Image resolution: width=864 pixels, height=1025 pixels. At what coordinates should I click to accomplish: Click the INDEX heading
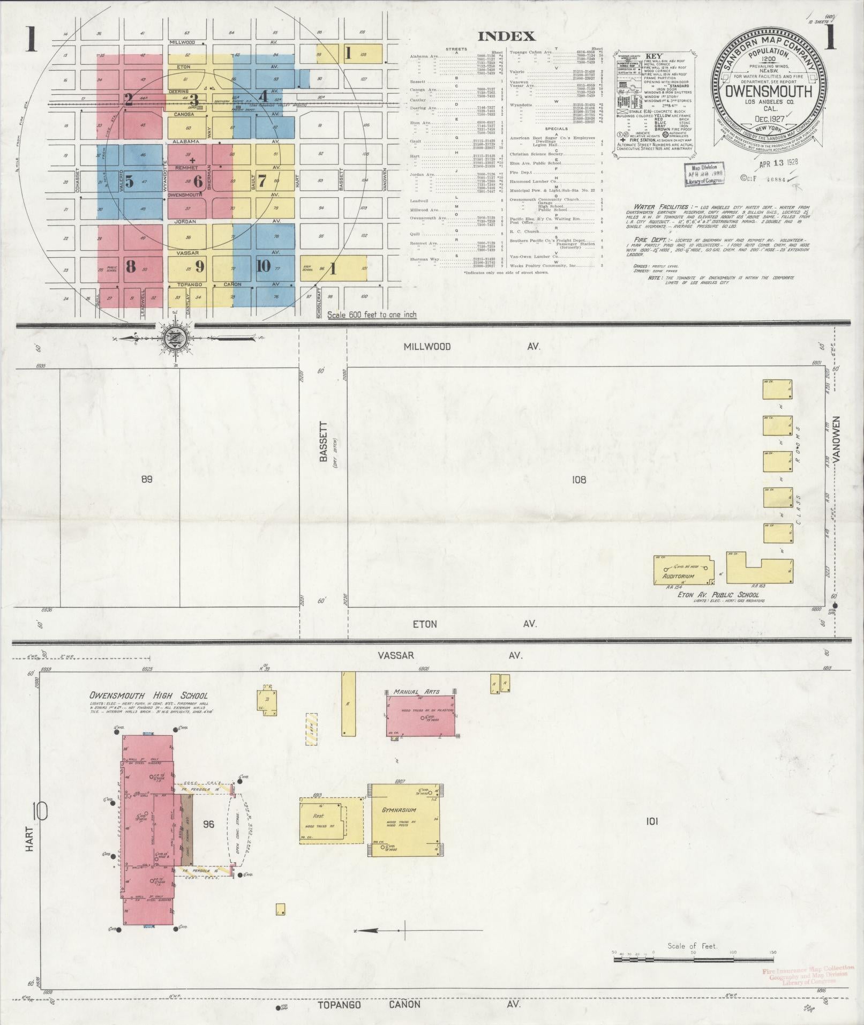[506, 36]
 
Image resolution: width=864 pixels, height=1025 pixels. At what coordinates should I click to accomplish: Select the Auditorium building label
[679, 577]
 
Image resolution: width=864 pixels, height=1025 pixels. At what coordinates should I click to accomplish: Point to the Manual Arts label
[416, 692]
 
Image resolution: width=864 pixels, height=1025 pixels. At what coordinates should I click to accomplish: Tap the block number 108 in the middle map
[579, 480]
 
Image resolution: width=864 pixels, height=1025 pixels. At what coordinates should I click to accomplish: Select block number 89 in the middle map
[146, 479]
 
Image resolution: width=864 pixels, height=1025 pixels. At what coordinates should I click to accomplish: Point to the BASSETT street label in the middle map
[323, 441]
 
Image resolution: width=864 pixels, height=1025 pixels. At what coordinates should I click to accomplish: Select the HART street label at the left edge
[29, 839]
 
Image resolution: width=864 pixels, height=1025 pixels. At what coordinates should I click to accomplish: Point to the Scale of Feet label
[692, 946]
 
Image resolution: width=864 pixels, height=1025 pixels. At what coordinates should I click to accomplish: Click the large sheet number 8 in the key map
[130, 266]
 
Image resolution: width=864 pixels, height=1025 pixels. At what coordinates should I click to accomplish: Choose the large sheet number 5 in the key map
[129, 181]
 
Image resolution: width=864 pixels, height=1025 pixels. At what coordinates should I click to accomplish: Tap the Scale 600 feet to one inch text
[372, 315]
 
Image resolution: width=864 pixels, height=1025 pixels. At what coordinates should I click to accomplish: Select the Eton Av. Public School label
[718, 595]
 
